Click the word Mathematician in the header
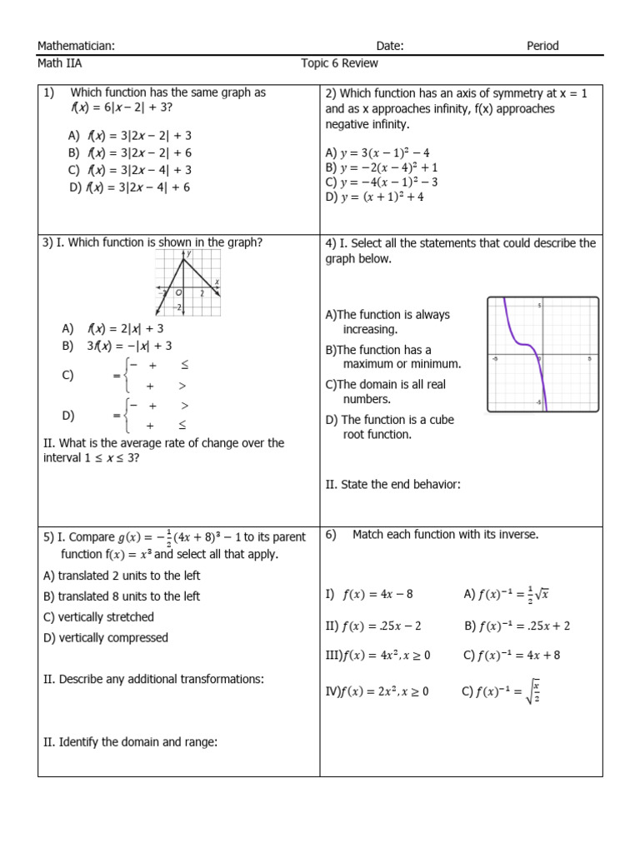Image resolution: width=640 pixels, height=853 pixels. click(x=76, y=46)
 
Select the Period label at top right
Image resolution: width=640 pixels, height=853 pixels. click(x=542, y=46)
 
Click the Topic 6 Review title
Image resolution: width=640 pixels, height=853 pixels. click(x=339, y=63)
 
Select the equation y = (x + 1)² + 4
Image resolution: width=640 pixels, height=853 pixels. click(x=375, y=197)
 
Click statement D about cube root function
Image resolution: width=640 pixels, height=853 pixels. click(x=389, y=426)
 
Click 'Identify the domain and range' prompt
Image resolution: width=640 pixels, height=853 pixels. click(x=130, y=741)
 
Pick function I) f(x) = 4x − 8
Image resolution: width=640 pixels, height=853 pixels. click(x=369, y=595)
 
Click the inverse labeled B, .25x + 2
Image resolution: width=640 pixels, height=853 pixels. click(x=517, y=626)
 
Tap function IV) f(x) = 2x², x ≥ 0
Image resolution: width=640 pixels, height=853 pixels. click(x=377, y=691)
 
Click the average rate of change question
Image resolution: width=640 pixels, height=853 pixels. click(x=162, y=451)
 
